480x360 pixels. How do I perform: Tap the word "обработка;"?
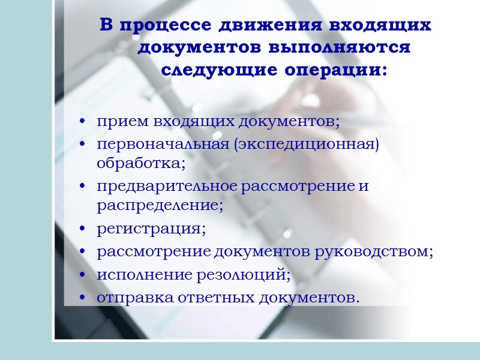[141, 161]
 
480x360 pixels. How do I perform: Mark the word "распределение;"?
[160, 205]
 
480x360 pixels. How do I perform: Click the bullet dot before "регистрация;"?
[82, 229]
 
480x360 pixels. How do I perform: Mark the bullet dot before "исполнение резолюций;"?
[82, 275]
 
